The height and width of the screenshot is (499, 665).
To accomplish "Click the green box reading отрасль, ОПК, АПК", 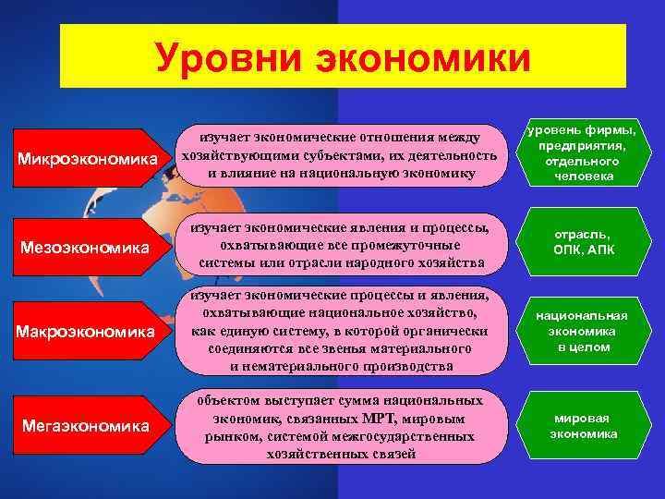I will point(583,243).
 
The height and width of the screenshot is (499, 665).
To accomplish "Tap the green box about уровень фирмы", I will point(583,153).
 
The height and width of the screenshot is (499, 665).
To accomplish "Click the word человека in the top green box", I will point(583,176).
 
